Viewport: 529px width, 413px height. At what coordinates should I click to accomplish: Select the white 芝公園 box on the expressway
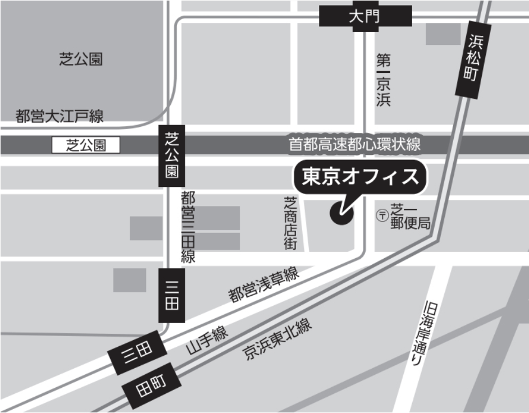tap(86, 146)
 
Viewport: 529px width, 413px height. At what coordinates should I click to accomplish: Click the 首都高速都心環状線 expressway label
tap(354, 144)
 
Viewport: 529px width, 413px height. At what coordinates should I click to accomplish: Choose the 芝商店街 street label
tap(290, 222)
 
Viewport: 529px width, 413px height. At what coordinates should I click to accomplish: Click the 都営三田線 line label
tap(188, 227)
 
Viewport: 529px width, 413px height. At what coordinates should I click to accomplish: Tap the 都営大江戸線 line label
tap(60, 117)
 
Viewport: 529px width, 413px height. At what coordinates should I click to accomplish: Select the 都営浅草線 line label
tap(264, 285)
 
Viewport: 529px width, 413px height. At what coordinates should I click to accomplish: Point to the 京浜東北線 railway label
tap(277, 339)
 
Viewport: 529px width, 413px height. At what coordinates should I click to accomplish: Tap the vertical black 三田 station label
tap(171, 295)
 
